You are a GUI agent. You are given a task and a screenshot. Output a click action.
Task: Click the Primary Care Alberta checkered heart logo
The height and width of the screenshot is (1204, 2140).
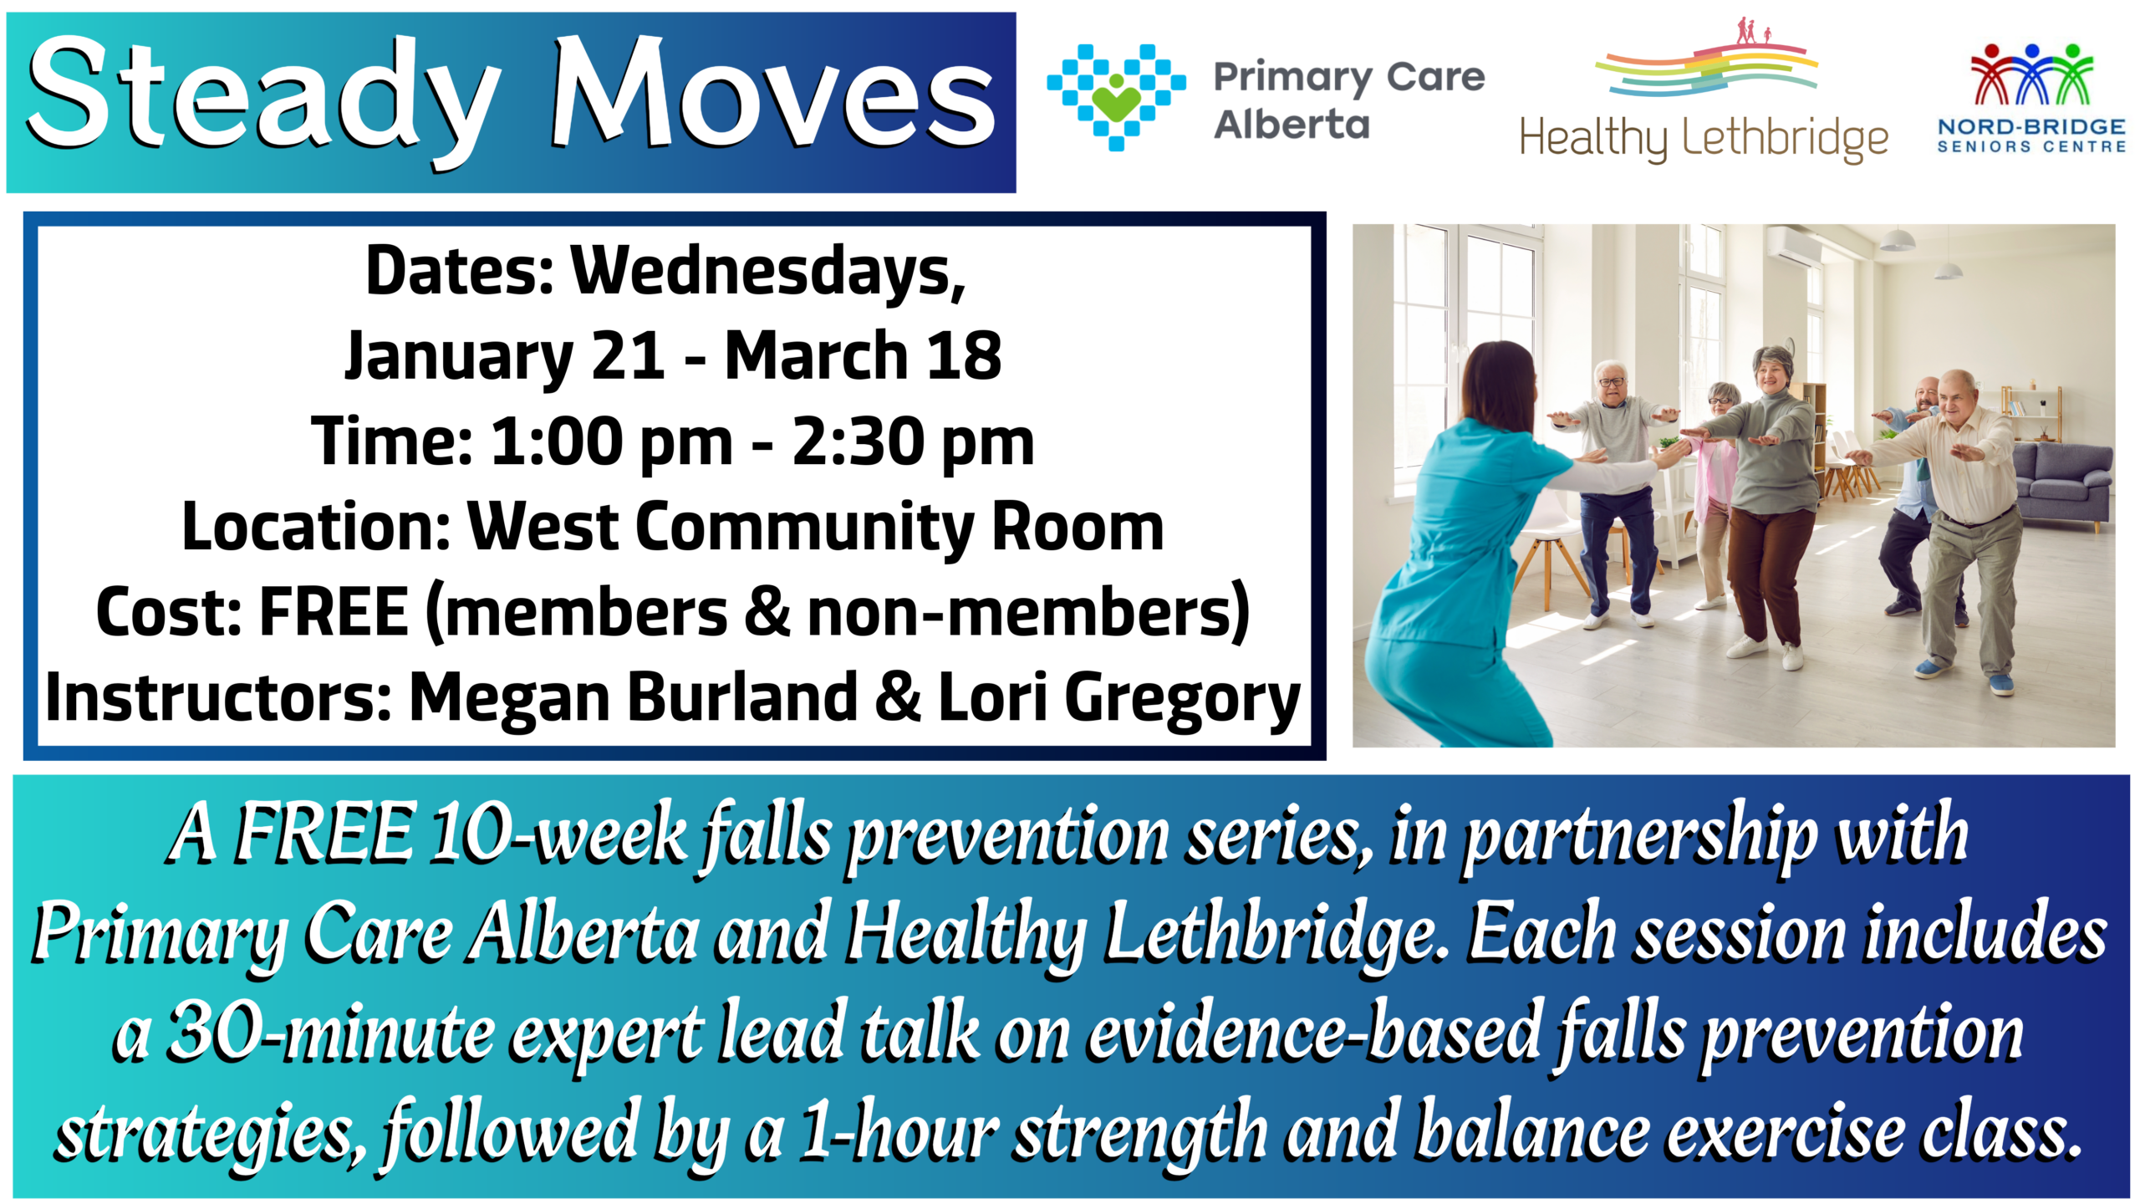[1116, 97]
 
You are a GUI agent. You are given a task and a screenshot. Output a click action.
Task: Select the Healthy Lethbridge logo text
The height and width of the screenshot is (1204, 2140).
[1704, 139]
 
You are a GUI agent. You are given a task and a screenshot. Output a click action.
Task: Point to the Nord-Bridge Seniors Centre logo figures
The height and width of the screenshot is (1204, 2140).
[2031, 74]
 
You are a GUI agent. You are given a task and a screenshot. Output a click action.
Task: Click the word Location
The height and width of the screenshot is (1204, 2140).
[318, 527]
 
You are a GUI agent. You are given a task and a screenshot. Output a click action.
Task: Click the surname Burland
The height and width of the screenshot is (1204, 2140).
[743, 697]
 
